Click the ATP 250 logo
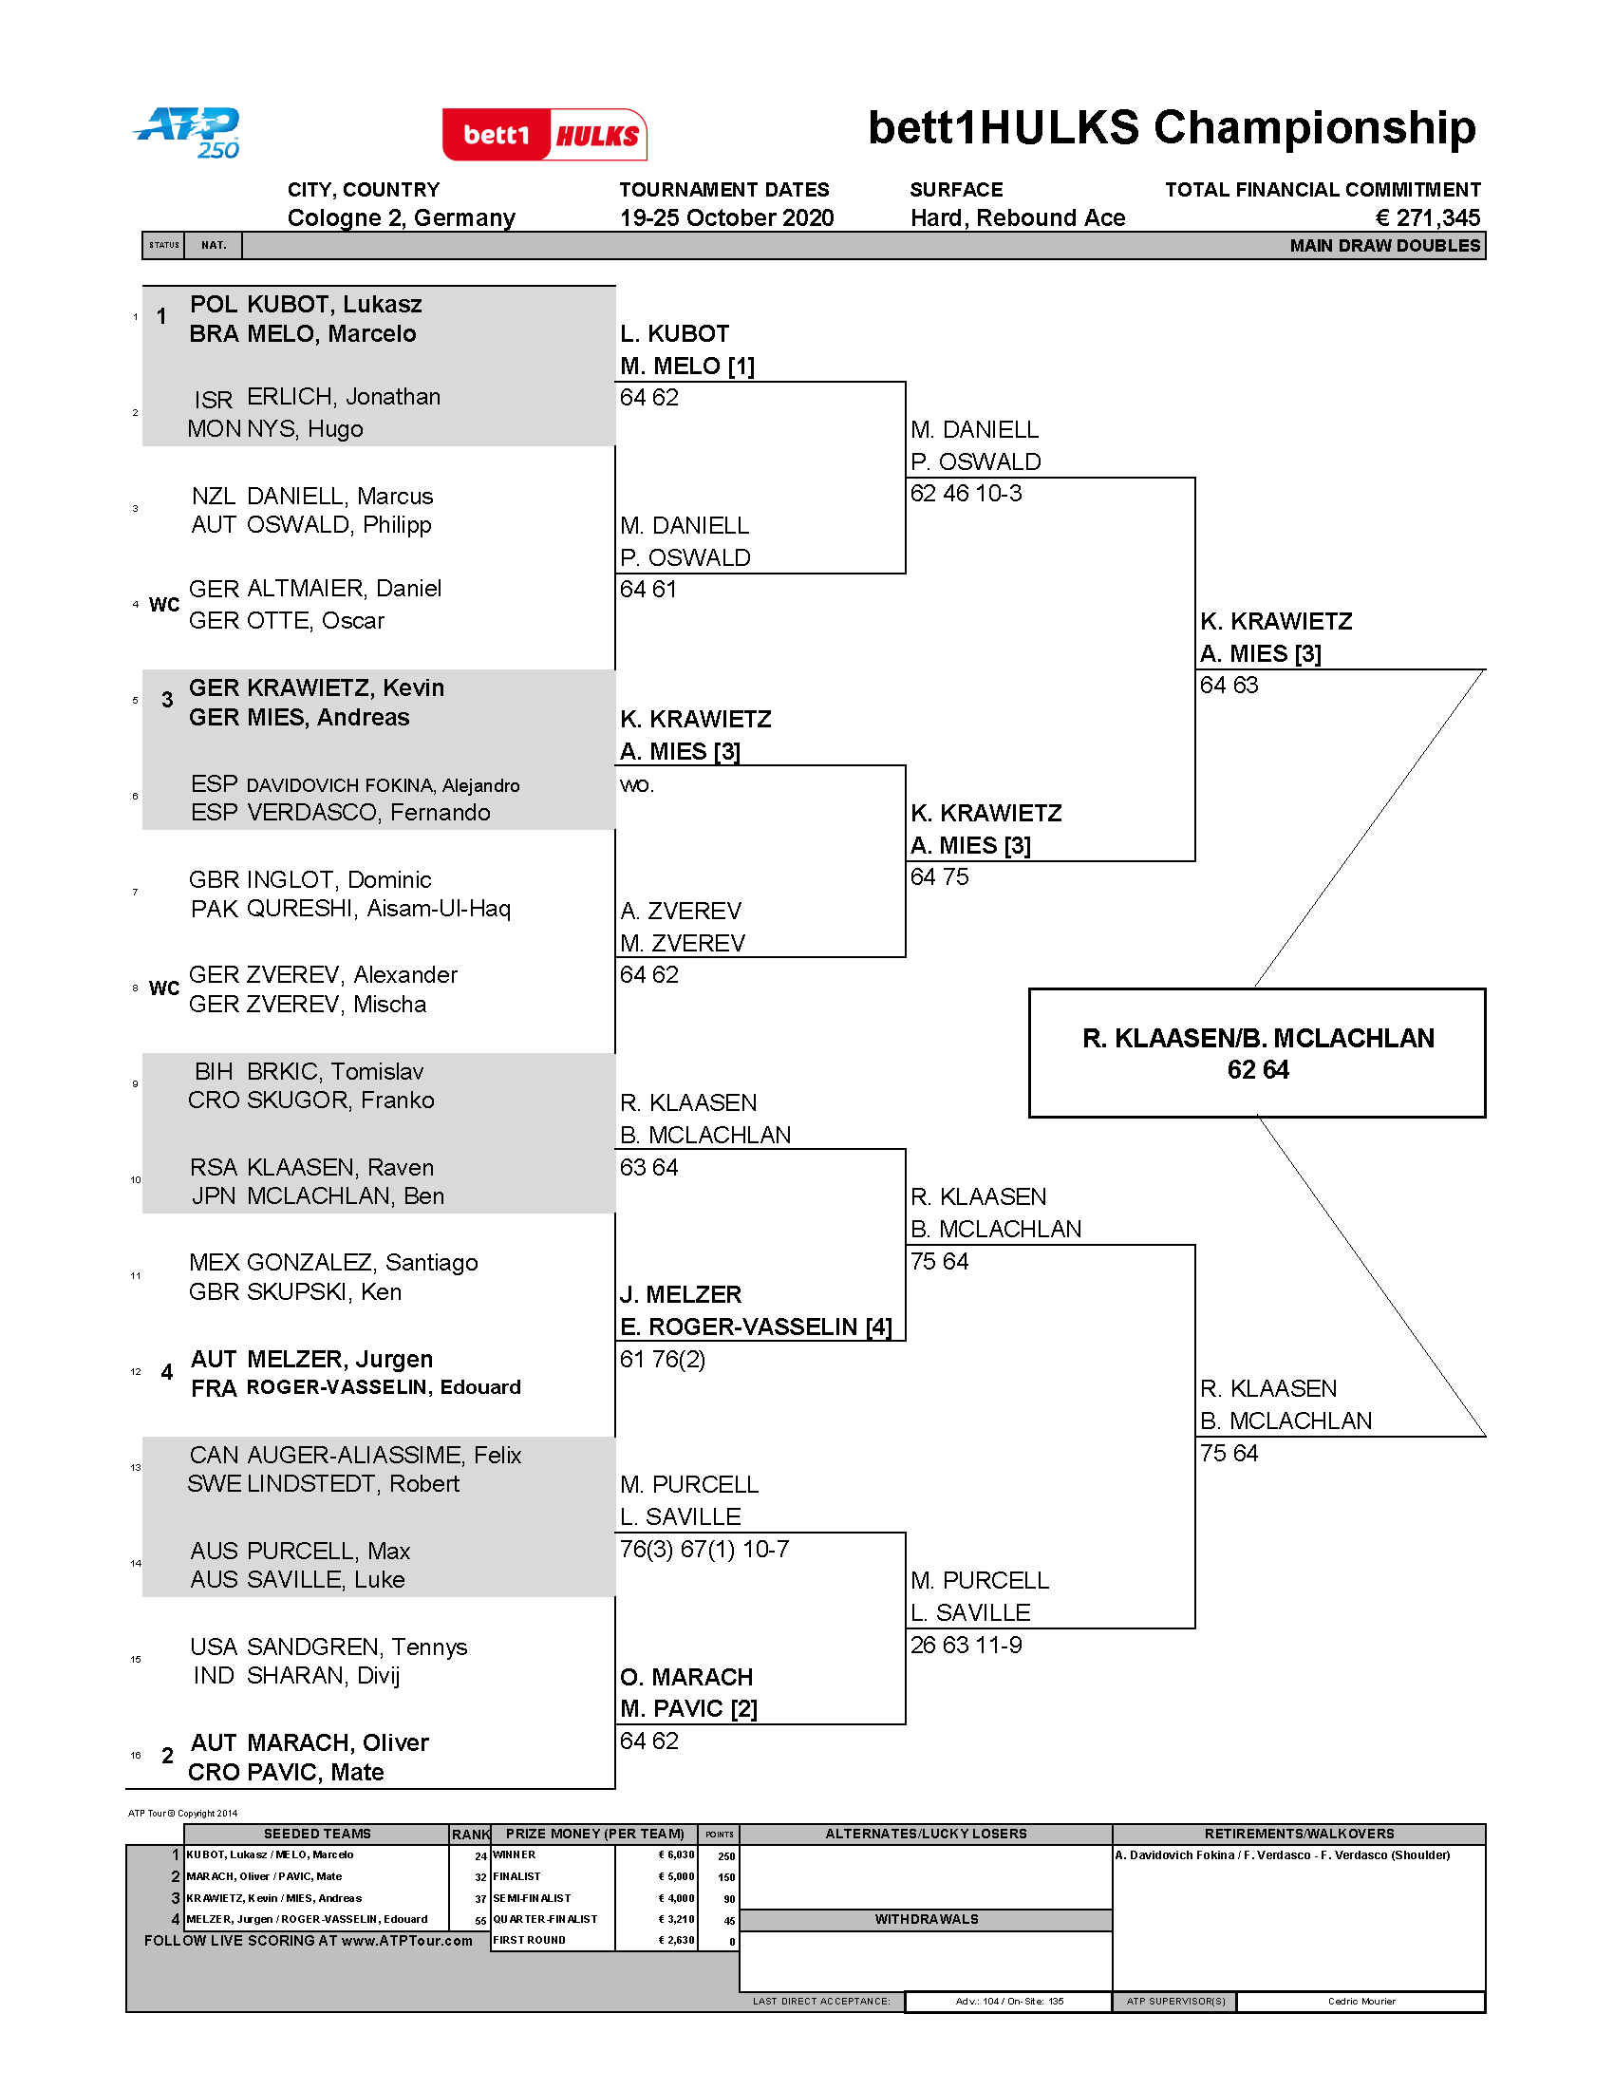click(x=187, y=132)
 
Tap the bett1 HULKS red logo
click(x=544, y=135)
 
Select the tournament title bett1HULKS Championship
click(x=1172, y=128)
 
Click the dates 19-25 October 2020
click(x=725, y=218)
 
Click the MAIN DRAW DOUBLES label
click(x=1383, y=246)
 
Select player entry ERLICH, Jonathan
click(x=344, y=397)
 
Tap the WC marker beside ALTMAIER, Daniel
click(x=164, y=605)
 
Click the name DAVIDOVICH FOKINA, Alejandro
click(x=383, y=785)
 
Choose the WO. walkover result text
click(x=637, y=785)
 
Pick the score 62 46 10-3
click(x=966, y=494)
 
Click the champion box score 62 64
click(x=1257, y=1069)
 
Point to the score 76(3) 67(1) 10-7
click(x=704, y=1549)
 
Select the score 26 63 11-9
click(x=966, y=1645)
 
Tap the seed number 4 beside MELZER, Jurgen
click(x=167, y=1373)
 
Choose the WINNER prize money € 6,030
click(x=676, y=1854)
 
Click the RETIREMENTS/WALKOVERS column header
click(x=1299, y=1834)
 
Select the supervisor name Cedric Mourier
click(x=1361, y=2001)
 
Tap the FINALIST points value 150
click(x=726, y=1876)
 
